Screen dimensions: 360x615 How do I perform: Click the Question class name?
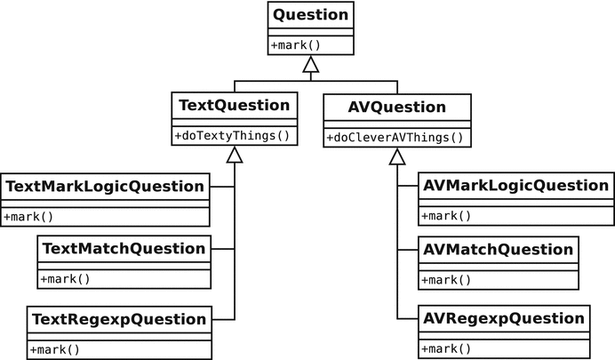click(x=309, y=14)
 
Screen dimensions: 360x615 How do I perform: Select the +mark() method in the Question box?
click(x=293, y=44)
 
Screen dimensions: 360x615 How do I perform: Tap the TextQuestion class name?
click(x=234, y=106)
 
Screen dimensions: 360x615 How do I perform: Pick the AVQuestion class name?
click(x=396, y=107)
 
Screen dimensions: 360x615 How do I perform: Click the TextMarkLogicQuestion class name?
click(x=105, y=187)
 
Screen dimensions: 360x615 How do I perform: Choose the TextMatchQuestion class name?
click(x=124, y=249)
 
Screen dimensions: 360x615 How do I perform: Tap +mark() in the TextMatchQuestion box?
click(x=65, y=278)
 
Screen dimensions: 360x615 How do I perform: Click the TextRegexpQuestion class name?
click(x=119, y=318)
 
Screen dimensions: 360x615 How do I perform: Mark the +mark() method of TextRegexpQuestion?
click(x=54, y=348)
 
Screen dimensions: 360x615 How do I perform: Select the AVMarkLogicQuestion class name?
click(x=515, y=187)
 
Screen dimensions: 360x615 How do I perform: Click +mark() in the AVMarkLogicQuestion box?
click(x=445, y=216)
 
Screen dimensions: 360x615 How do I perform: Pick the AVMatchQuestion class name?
click(x=498, y=249)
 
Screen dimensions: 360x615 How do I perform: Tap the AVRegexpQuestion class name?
click(x=503, y=318)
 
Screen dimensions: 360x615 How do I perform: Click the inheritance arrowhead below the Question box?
click(x=309, y=64)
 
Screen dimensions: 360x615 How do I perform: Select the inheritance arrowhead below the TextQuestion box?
click(x=234, y=156)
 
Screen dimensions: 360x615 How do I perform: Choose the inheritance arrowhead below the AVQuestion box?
click(x=396, y=156)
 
